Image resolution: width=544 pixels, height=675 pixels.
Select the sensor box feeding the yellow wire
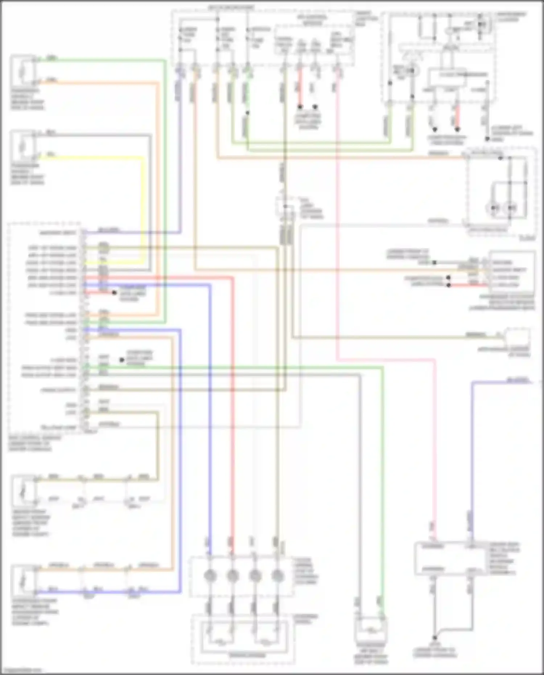[23, 147]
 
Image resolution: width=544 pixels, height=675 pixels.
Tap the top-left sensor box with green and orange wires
[23, 70]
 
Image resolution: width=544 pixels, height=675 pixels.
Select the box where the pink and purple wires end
[450, 558]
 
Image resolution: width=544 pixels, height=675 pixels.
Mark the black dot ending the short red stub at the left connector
[114, 293]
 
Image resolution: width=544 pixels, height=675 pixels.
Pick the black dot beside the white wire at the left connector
[122, 360]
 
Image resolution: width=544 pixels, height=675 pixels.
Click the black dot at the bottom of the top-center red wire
[300, 107]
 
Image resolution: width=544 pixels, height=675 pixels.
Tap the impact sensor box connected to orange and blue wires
[24, 580]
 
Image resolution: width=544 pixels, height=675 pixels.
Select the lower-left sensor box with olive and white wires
[24, 490]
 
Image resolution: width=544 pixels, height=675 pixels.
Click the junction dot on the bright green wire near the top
[247, 113]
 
